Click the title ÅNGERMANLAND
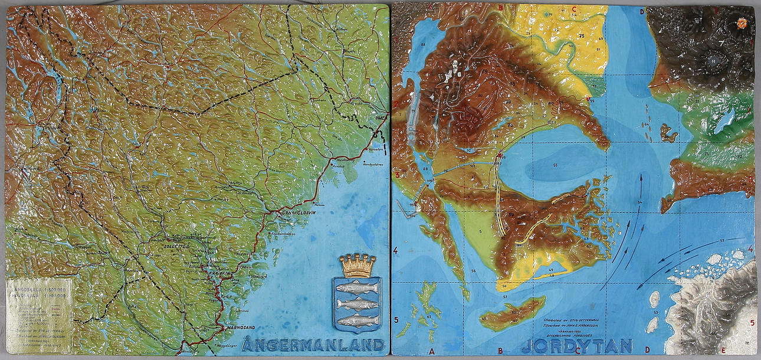click(x=313, y=345)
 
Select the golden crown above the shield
click(x=357, y=266)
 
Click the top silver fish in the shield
click(x=357, y=288)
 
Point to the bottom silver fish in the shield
click(x=357, y=320)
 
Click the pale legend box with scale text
click(x=39, y=316)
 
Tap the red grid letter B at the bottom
click(x=500, y=350)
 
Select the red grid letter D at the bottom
click(x=647, y=350)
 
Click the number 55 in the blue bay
click(x=555, y=165)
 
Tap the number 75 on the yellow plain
click(x=581, y=37)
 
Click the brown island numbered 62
click(x=512, y=312)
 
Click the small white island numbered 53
click(x=654, y=299)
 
